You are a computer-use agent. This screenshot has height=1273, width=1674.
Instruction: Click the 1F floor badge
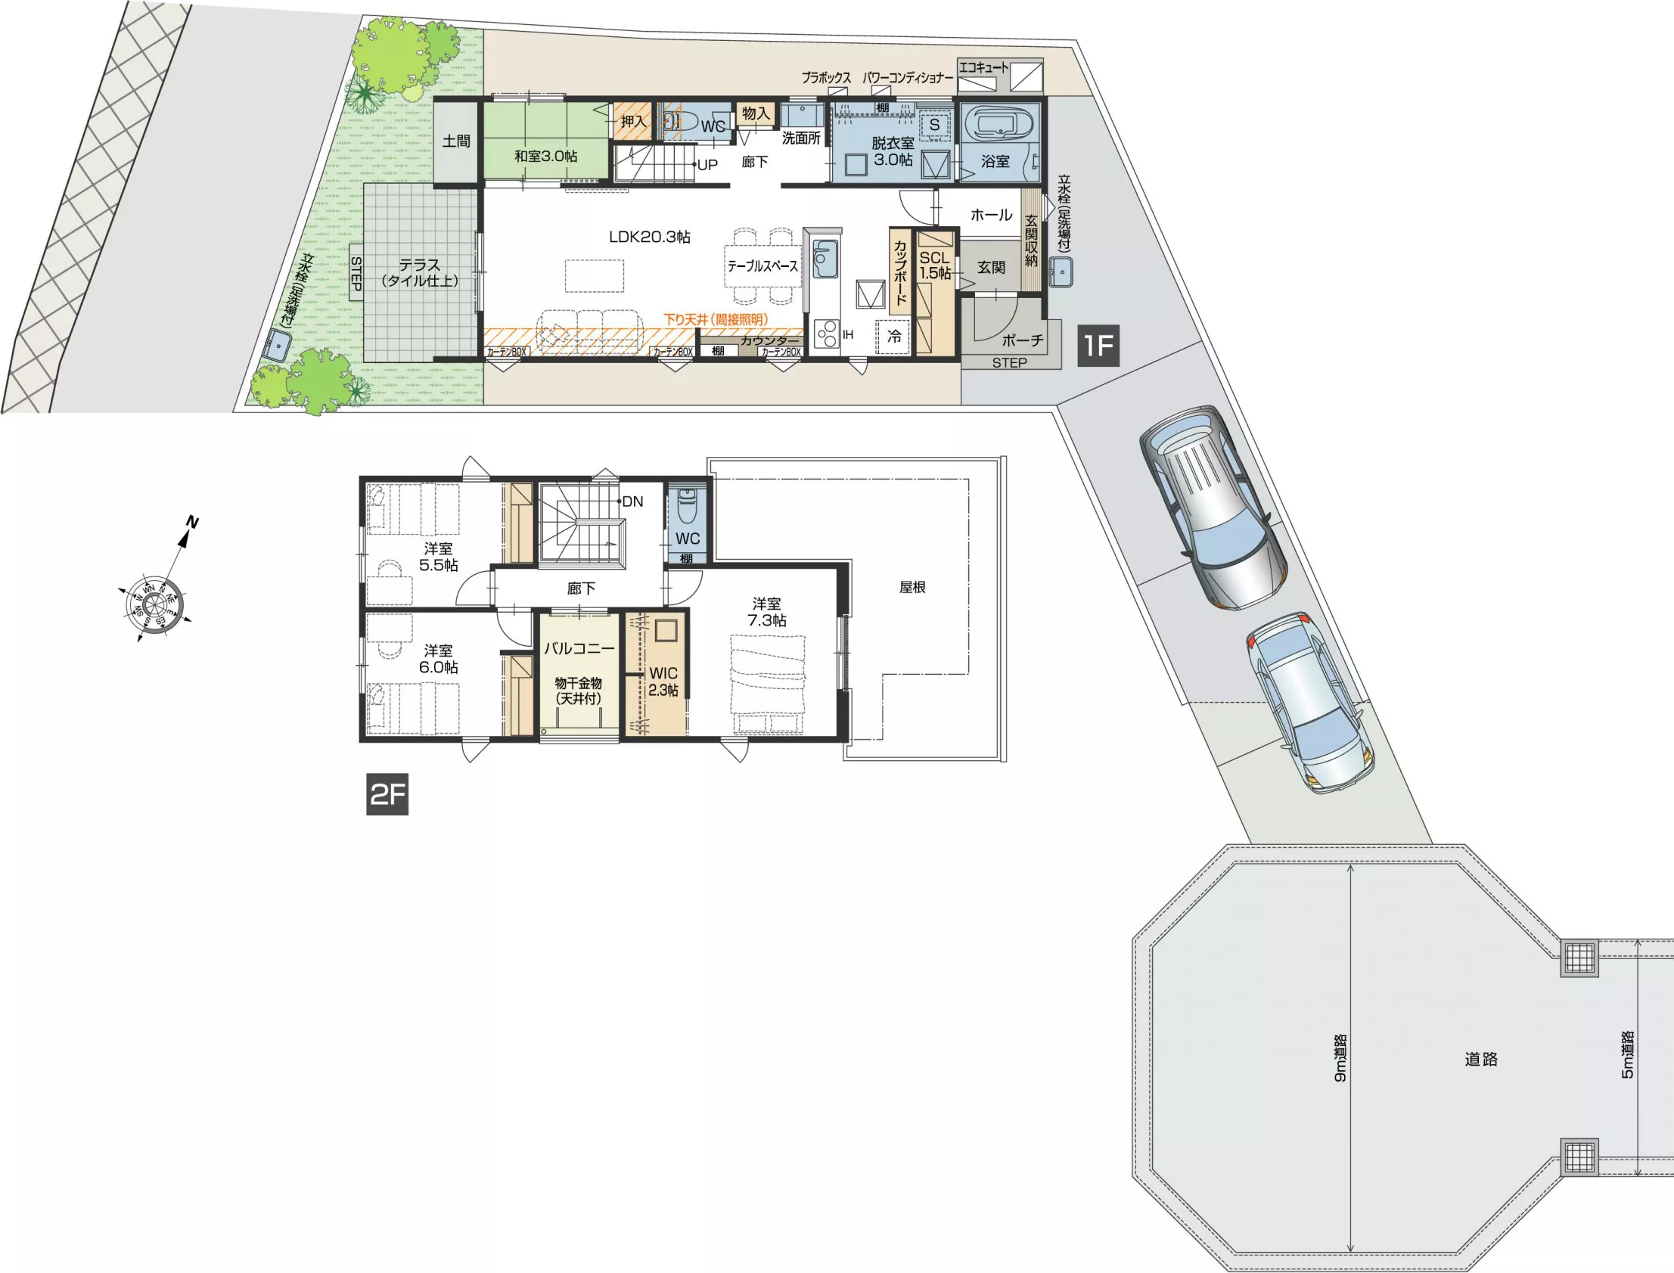point(1099,346)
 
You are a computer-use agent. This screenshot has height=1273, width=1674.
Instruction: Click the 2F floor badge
point(387,794)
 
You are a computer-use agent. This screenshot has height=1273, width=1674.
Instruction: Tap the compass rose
point(156,600)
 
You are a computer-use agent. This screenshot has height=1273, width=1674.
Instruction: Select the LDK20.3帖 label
point(650,238)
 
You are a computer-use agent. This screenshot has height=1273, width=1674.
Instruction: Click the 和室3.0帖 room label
point(545,156)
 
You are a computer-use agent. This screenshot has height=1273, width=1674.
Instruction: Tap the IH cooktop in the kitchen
point(827,334)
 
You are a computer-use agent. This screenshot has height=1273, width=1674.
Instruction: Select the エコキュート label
point(983,67)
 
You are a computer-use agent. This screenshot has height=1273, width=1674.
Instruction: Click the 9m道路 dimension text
point(1340,1057)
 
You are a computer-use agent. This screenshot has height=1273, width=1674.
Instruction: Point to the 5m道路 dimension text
point(1627,1054)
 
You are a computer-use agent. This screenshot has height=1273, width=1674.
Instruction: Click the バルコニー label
point(579,649)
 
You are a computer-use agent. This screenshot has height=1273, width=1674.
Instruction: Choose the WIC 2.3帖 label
point(663,682)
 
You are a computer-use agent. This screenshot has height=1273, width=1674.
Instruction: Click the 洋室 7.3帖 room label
point(767,611)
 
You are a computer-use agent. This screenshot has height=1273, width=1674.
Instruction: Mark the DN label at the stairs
point(632,501)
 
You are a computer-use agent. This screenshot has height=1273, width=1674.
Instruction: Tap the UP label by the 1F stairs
point(707,164)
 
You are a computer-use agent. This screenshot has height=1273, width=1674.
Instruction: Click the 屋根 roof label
point(912,587)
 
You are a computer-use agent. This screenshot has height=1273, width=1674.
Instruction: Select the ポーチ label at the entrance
point(1022,340)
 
